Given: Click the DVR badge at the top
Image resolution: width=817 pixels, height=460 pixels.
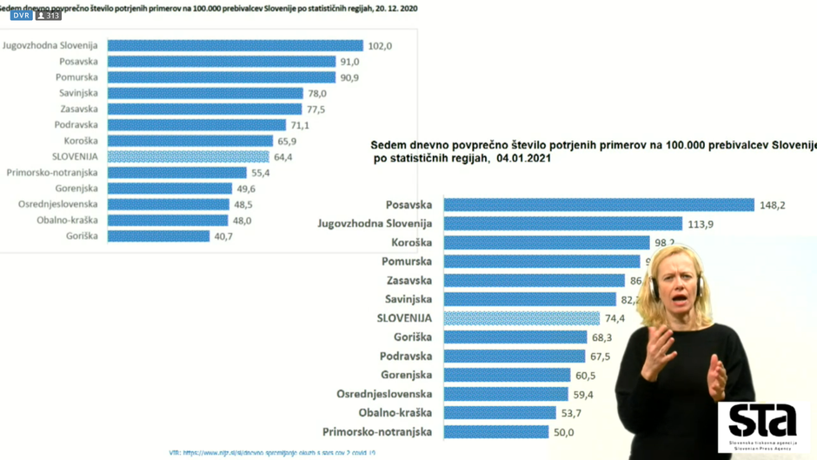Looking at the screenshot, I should coord(21,16).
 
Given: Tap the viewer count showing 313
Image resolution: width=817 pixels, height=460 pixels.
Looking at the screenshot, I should coord(49,16).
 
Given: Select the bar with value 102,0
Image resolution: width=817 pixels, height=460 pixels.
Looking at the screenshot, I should coord(235,45).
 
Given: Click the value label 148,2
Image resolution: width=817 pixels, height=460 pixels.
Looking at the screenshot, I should coord(772,205).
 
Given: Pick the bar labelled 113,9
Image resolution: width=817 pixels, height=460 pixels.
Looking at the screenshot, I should coord(562,224).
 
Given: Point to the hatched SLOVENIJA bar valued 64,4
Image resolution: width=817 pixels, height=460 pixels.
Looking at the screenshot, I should coord(188,157).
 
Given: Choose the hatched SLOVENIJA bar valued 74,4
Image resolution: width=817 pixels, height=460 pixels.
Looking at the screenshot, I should coord(521,318).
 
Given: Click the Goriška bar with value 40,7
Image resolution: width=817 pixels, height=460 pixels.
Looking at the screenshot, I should coord(158,236).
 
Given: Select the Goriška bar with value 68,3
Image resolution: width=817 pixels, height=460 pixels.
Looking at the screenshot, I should coord(515,337).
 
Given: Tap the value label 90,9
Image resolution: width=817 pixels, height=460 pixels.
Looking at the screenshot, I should coord(349,77).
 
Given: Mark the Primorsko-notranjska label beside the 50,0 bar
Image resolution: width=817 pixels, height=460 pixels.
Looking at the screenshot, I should coord(376,432).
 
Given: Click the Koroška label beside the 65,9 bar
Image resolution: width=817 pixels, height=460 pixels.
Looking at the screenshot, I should coord(80,141).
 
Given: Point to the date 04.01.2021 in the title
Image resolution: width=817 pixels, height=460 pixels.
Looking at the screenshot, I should coord(520,158).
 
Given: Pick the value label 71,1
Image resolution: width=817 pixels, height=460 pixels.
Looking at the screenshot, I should coord(300,125).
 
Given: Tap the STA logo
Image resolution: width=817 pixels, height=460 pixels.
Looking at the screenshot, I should coord(762,424).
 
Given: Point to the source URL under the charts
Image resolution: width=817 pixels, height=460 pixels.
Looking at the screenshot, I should coord(272,453).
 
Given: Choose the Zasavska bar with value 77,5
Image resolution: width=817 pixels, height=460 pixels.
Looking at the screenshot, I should coord(204,110).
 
